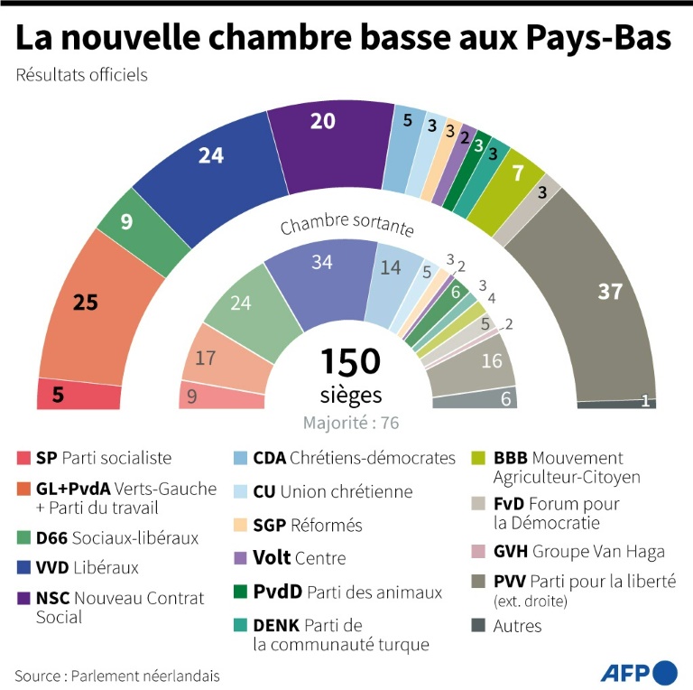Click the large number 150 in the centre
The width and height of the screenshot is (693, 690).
tap(351, 361)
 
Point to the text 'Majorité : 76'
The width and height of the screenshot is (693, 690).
tap(351, 423)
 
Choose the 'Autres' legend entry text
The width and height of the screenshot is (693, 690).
tap(517, 625)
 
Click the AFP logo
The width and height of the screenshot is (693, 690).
tap(639, 673)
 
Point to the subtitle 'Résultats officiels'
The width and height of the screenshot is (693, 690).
tap(81, 75)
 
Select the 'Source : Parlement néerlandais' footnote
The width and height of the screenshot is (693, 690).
tap(116, 675)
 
